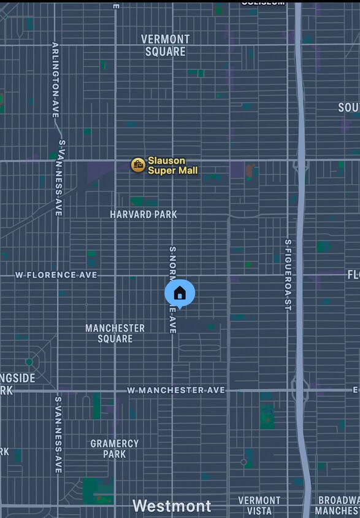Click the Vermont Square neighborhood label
click(x=165, y=45)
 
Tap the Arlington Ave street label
click(x=55, y=80)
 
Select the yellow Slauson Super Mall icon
click(x=138, y=164)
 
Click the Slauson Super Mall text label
click(x=172, y=166)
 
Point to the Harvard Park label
click(x=144, y=214)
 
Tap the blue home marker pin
click(x=180, y=293)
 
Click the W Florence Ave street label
click(x=56, y=275)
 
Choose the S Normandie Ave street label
click(x=173, y=290)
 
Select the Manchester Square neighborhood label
click(x=115, y=333)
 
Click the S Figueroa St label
click(x=287, y=274)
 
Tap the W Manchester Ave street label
click(x=176, y=390)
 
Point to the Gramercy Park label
click(x=114, y=449)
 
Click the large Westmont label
click(x=172, y=506)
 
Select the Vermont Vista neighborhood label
click(x=259, y=505)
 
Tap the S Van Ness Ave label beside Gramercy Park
click(x=58, y=435)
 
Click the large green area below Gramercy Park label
click(x=97, y=490)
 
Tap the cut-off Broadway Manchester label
click(x=338, y=505)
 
